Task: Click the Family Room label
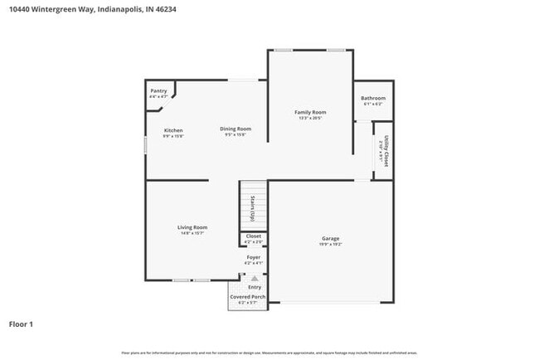310,112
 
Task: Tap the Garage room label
330,238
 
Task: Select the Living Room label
192,227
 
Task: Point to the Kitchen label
173,130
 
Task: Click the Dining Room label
236,129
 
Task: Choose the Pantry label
158,91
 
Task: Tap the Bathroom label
372,99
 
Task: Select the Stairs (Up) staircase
255,205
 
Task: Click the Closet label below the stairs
254,236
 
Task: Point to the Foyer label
254,257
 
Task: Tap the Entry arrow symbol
254,279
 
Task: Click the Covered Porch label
248,296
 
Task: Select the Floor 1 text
21,324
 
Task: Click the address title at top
92,9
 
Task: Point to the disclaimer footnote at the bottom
269,353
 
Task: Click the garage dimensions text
330,245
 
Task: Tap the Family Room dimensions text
310,119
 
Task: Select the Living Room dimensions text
192,234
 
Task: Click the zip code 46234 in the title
164,9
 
